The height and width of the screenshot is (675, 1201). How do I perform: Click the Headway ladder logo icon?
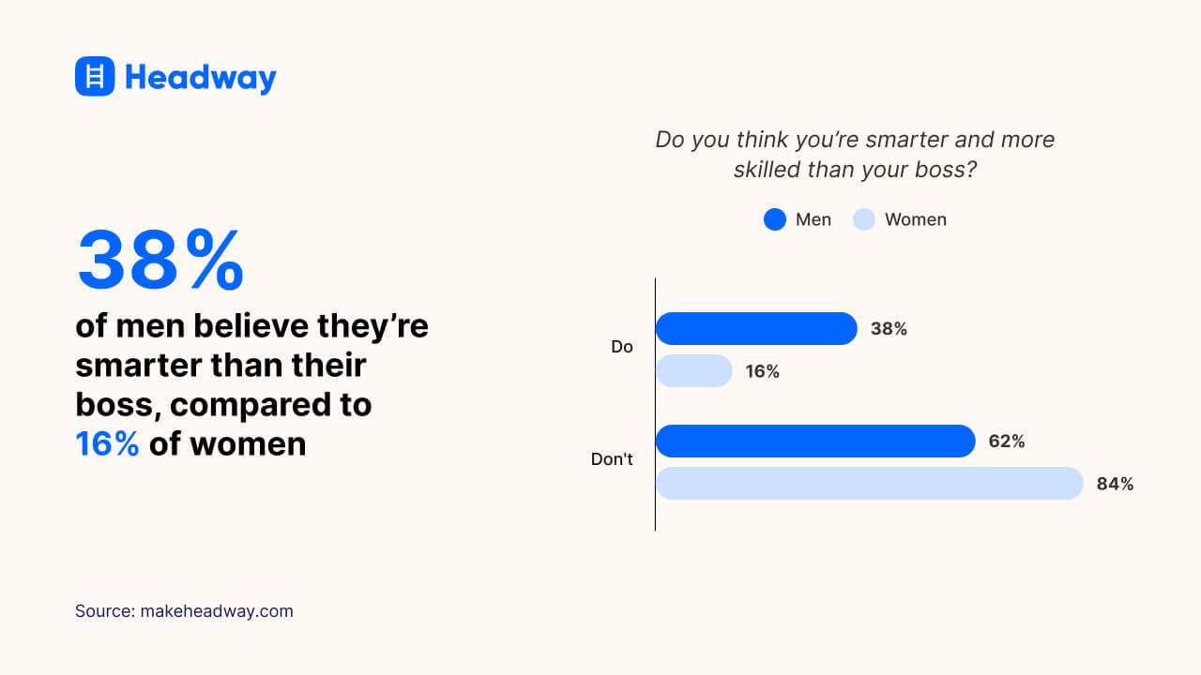point(95,76)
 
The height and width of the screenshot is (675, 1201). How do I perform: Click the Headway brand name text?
point(201,77)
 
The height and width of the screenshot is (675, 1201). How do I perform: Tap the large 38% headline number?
point(160,261)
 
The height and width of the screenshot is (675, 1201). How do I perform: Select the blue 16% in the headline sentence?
point(107,443)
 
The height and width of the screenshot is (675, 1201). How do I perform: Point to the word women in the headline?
point(248,443)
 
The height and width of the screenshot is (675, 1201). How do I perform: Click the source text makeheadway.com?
point(217,611)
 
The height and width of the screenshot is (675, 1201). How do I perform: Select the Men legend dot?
point(774,219)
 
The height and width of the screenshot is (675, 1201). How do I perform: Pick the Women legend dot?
point(864,219)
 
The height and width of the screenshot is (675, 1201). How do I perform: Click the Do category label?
point(622,347)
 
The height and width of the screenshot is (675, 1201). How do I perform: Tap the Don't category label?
point(612,459)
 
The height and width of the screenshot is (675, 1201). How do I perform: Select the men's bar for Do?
point(756,329)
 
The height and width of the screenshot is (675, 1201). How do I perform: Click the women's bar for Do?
point(693,371)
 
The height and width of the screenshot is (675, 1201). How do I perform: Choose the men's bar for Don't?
point(815,441)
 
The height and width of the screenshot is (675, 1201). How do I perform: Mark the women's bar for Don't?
point(869,484)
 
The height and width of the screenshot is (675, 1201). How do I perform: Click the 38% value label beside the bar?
point(889,329)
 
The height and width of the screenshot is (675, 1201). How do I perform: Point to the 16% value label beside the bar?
point(762,371)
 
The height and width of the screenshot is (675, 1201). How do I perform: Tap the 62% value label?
point(1006,441)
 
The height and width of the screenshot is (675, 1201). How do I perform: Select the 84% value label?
point(1115,484)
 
